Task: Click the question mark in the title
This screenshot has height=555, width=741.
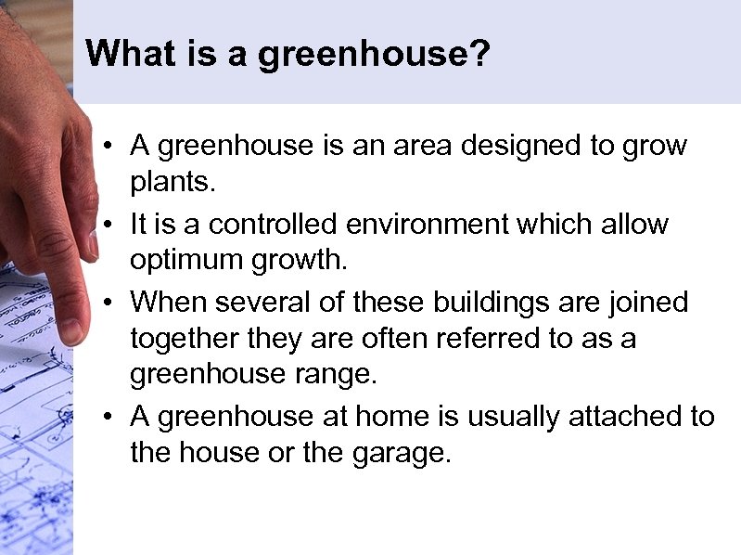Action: [x=479, y=54]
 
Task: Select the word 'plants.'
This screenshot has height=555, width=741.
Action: [x=172, y=183]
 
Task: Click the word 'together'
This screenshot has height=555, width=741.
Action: [x=183, y=340]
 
